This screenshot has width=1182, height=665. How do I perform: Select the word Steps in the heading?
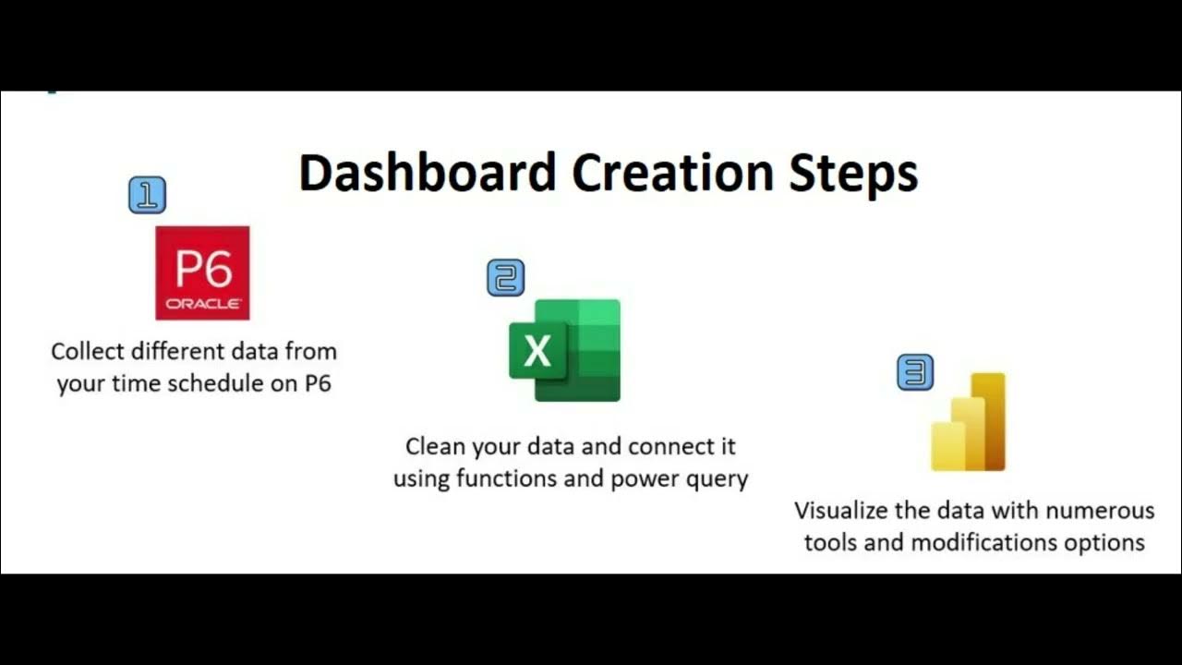(x=853, y=173)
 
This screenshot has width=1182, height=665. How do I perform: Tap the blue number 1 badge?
(x=148, y=195)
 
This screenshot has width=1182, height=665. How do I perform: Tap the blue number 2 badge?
(x=505, y=278)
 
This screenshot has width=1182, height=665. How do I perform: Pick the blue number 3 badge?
(x=915, y=372)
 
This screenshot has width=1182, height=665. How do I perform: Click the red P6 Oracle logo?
(x=202, y=272)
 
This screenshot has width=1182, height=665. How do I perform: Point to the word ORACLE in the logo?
(x=203, y=304)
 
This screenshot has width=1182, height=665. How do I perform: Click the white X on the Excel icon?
(x=537, y=352)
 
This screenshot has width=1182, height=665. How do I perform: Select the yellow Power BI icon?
(x=968, y=422)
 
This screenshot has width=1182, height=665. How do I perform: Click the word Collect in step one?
(x=85, y=351)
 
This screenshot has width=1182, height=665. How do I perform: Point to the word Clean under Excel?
(x=435, y=447)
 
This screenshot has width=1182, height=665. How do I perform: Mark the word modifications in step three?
(x=985, y=542)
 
